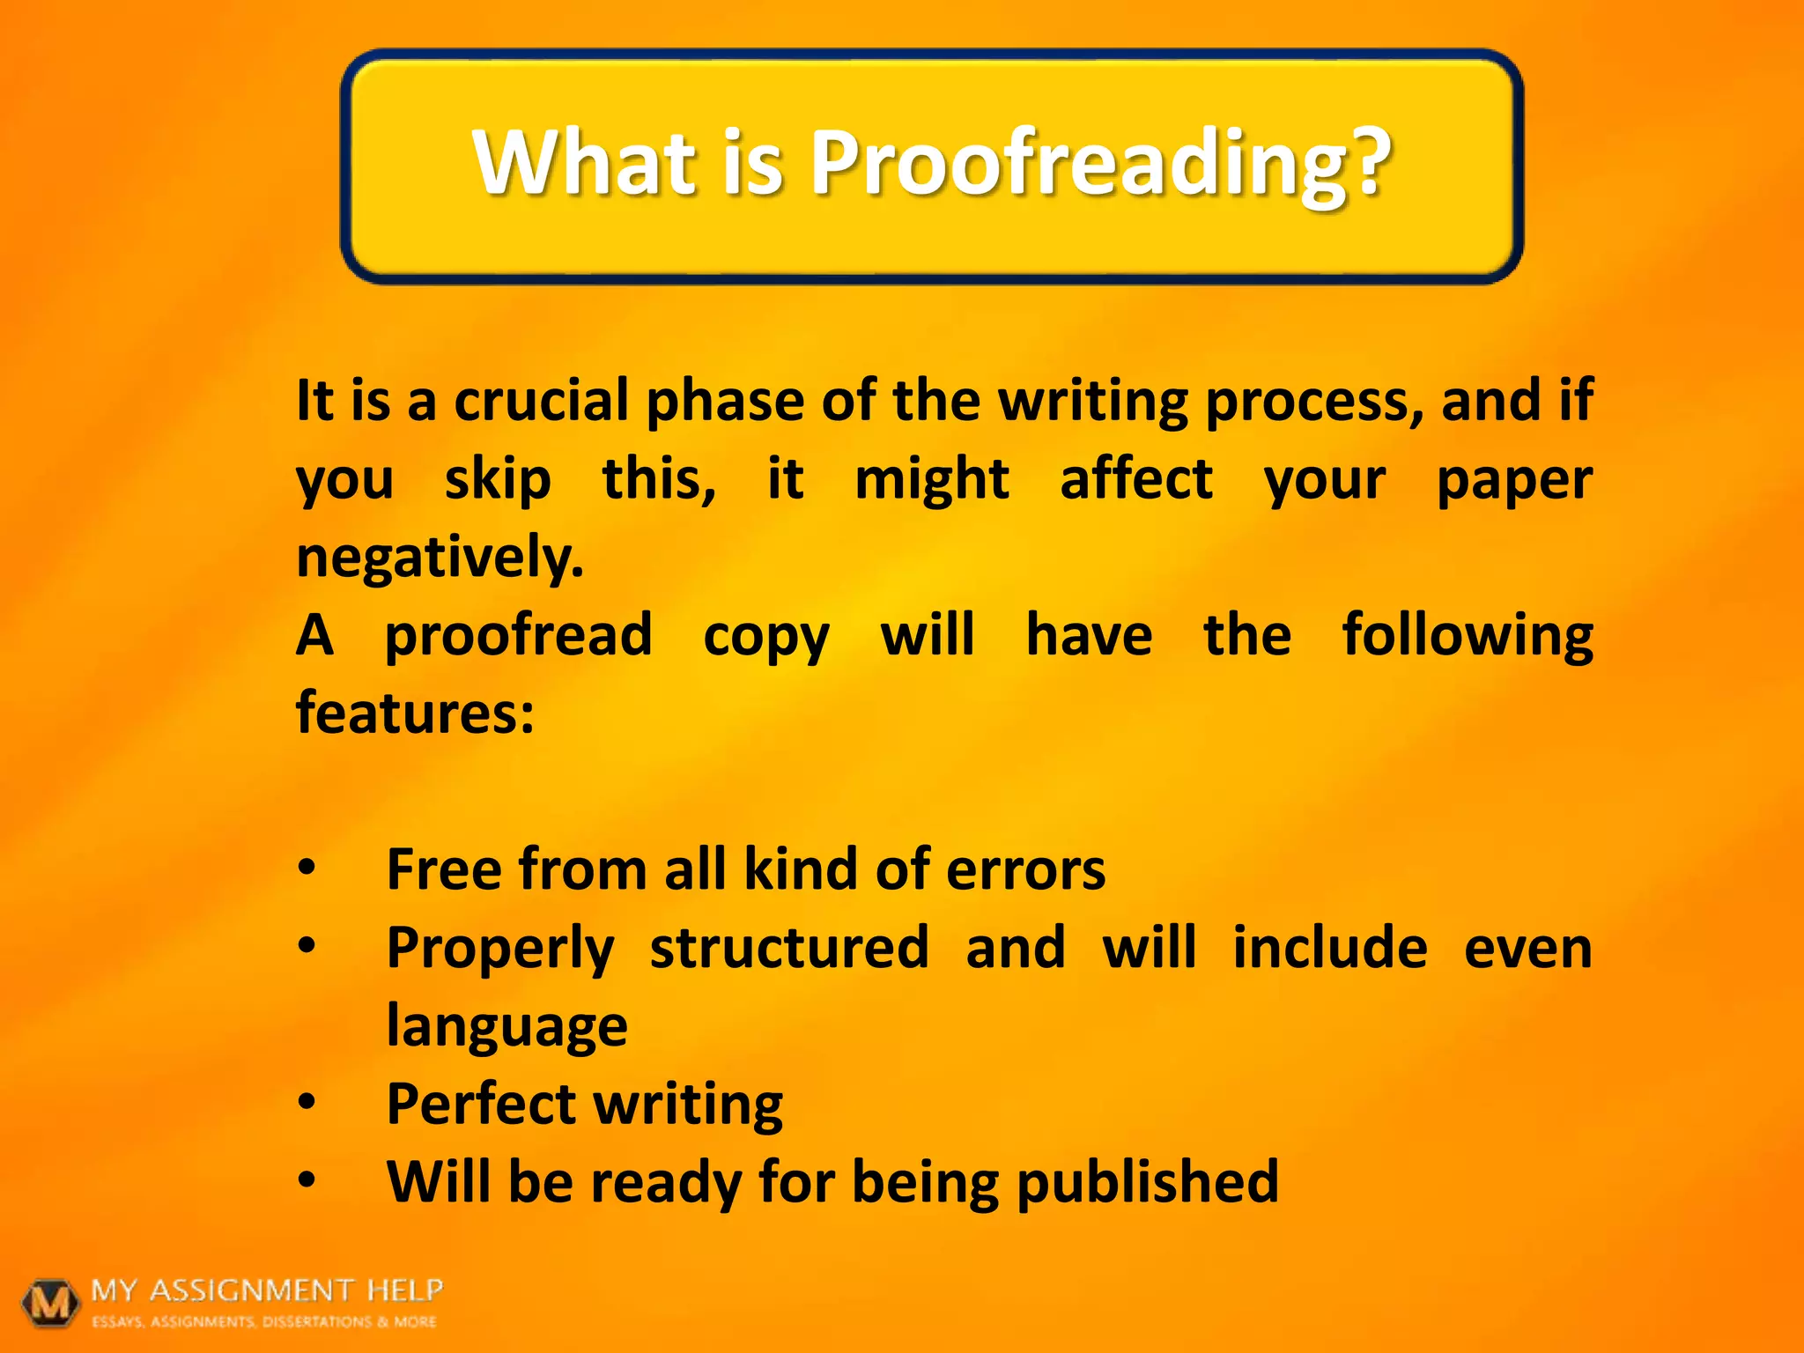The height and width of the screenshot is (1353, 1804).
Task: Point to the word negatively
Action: tap(440, 558)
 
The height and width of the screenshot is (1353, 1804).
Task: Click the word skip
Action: tap(498, 481)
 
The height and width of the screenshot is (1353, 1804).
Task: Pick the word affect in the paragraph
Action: tap(1136, 479)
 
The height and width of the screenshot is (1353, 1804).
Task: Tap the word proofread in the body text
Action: tap(519, 636)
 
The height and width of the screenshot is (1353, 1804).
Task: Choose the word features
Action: tap(415, 713)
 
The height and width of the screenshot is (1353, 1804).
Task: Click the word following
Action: tap(1468, 636)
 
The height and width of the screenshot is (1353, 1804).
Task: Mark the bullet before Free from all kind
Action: tap(306, 868)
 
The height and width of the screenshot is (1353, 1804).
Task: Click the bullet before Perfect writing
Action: tap(306, 1101)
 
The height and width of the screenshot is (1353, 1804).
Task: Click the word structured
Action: tap(789, 948)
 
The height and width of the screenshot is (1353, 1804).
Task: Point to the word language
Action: tap(506, 1027)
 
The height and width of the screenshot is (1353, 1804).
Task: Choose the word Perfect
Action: tap(480, 1104)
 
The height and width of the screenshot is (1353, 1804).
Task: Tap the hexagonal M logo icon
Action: tap(50, 1302)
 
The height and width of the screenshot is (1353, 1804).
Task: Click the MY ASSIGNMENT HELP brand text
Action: tap(267, 1290)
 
